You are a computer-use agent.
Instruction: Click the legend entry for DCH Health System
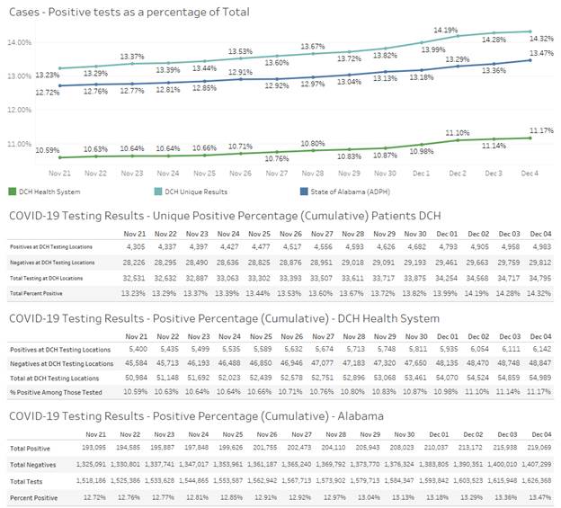(47, 192)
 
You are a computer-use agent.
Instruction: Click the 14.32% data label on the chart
(539, 39)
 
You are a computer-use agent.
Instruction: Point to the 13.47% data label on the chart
(539, 53)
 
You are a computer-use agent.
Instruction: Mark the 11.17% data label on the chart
(539, 131)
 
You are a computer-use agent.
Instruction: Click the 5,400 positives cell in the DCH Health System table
(135, 346)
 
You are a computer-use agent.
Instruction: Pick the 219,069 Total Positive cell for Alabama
(536, 447)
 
